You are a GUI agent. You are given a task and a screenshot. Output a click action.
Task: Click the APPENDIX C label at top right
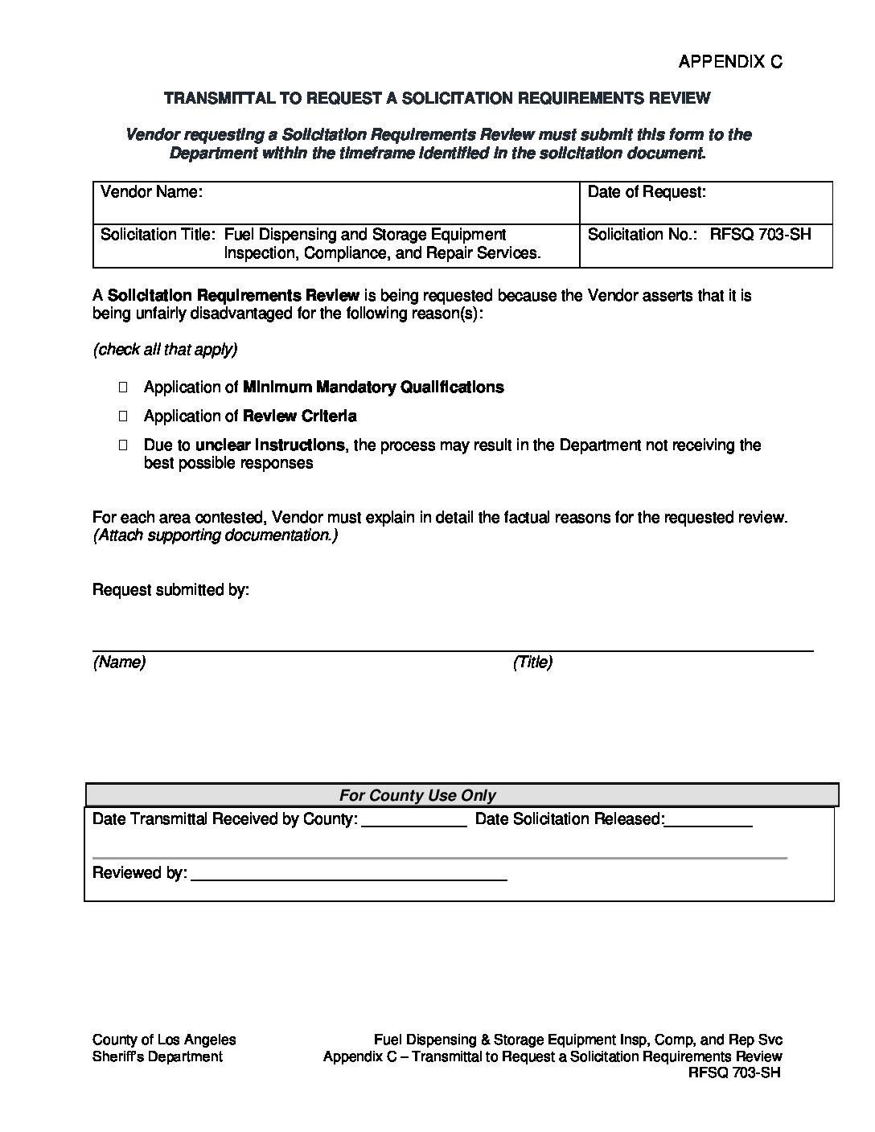click(x=729, y=62)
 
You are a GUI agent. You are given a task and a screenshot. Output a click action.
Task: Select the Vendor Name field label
click(x=151, y=192)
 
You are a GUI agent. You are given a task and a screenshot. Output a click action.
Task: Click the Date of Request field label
click(x=647, y=192)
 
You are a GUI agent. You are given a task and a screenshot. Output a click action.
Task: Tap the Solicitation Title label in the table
click(x=158, y=235)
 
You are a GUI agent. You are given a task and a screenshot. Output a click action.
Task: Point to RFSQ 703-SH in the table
click(x=760, y=235)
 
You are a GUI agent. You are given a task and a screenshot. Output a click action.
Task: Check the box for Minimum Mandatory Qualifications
click(x=124, y=388)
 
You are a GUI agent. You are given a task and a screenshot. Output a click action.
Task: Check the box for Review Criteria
click(x=124, y=416)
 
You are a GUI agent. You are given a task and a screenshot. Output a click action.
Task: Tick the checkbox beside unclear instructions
click(x=124, y=445)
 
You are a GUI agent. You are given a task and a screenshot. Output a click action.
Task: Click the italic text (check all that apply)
click(x=165, y=350)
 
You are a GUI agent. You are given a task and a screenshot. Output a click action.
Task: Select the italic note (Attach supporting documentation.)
click(x=215, y=535)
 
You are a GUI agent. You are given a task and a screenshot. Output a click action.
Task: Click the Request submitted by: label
click(x=170, y=590)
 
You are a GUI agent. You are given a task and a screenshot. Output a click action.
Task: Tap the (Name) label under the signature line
click(x=119, y=662)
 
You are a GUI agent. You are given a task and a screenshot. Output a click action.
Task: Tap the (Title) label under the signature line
click(x=532, y=662)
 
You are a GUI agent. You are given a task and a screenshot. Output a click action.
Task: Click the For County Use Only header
click(x=417, y=795)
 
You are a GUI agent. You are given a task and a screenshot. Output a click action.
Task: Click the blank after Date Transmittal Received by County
click(x=414, y=821)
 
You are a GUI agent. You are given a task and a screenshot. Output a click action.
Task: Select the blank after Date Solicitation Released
click(x=709, y=821)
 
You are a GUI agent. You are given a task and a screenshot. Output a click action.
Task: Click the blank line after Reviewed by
click(x=347, y=875)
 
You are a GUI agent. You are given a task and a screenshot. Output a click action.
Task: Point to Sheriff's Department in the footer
click(x=158, y=1056)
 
